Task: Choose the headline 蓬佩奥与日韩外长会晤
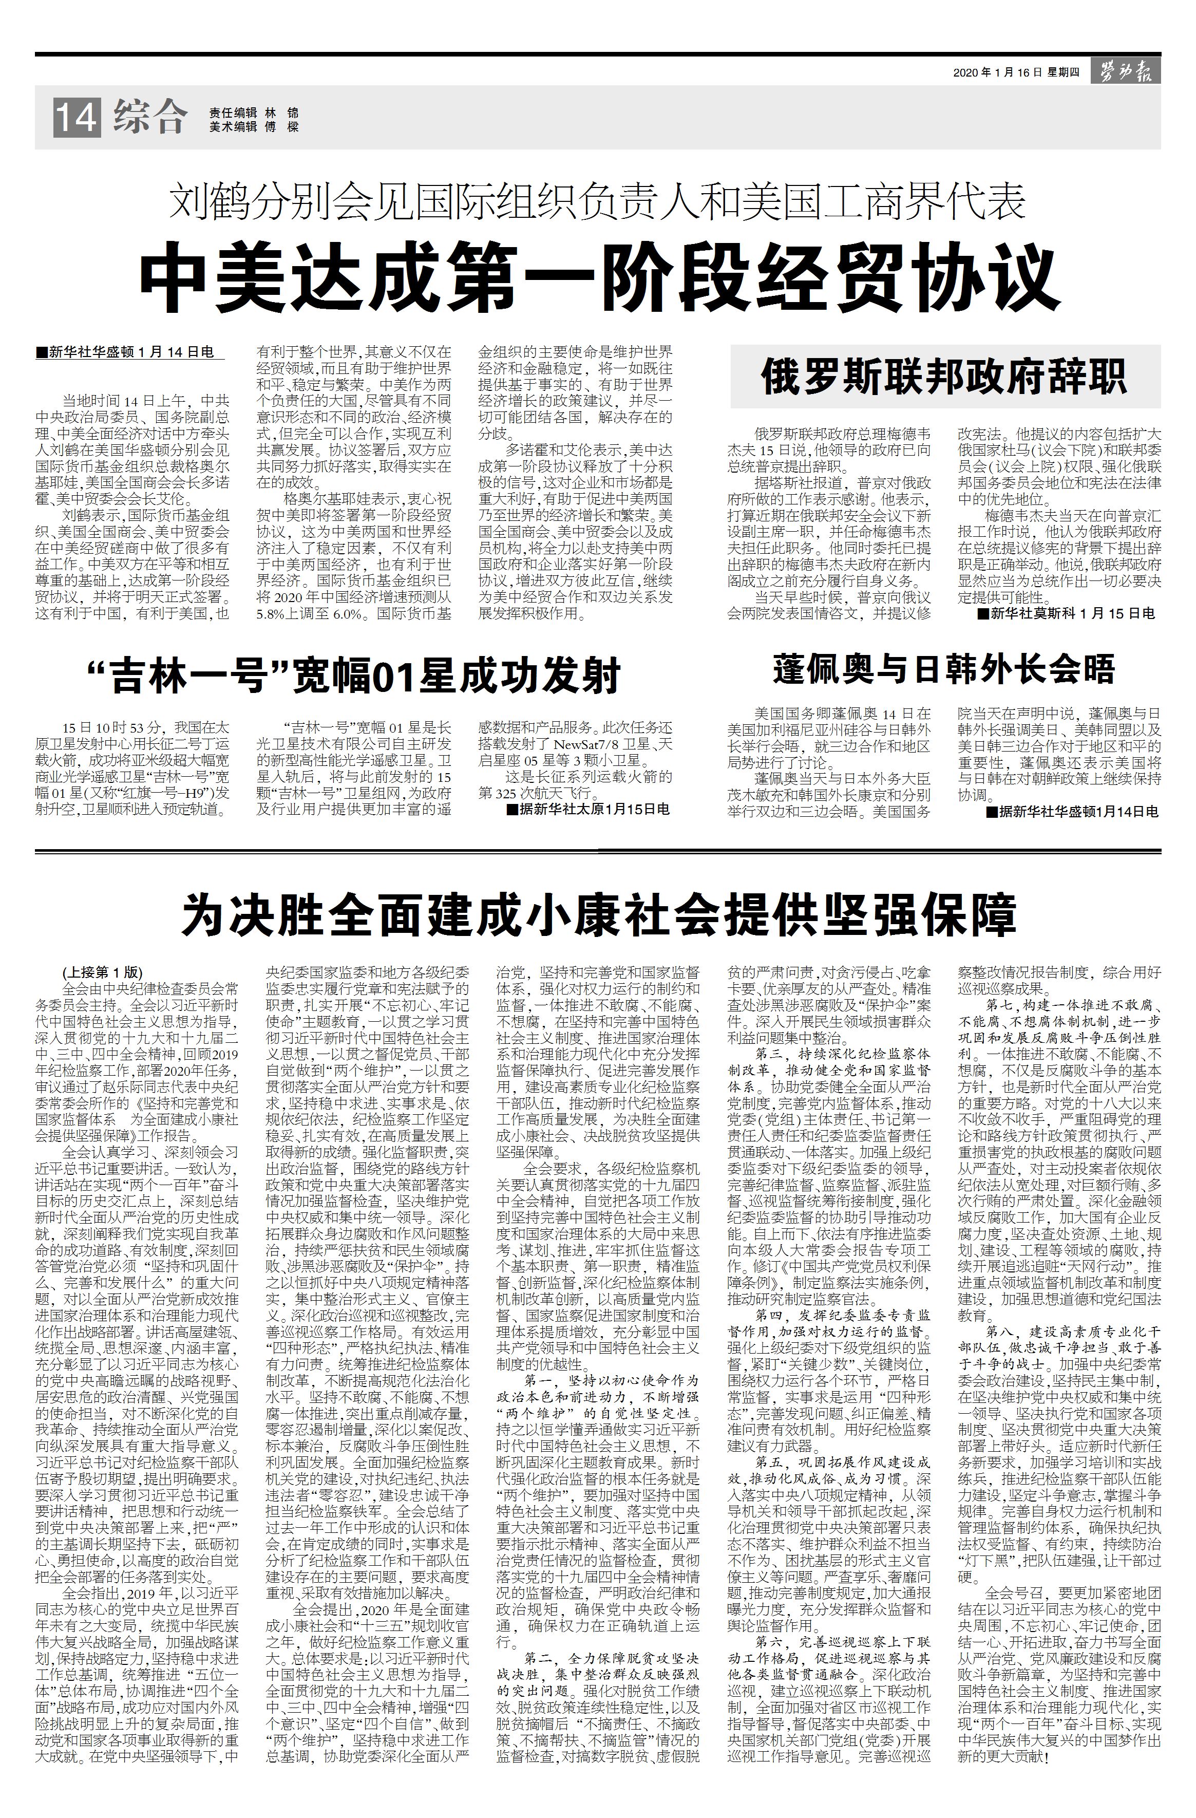click(944, 668)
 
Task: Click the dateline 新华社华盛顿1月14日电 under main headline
click(125, 352)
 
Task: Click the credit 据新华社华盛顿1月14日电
click(1072, 811)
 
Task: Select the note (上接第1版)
click(102, 972)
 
